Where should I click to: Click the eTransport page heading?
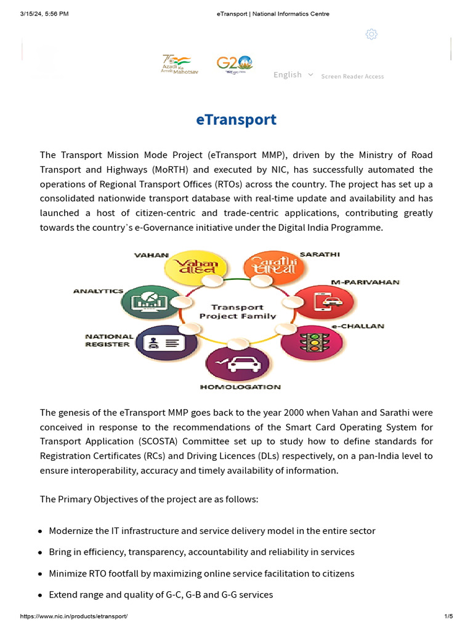(236, 119)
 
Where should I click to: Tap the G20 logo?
(234, 64)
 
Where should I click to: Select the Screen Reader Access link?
(352, 76)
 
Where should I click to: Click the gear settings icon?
(371, 34)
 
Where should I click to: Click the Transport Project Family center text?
(237, 311)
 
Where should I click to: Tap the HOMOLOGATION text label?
(240, 387)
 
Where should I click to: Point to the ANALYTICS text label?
(98, 290)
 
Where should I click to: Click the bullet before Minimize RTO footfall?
(41, 574)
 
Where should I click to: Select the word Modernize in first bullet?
(70, 530)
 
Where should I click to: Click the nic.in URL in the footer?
(74, 616)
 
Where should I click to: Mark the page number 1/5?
(448, 616)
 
